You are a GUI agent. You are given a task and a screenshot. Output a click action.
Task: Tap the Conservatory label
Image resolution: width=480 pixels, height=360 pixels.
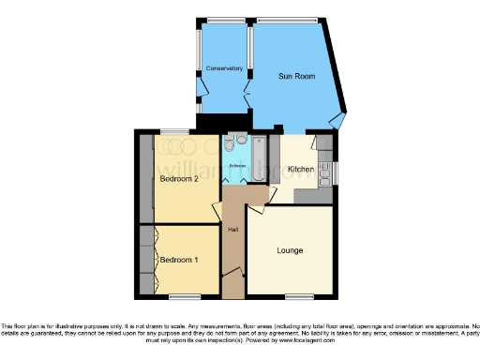(224, 68)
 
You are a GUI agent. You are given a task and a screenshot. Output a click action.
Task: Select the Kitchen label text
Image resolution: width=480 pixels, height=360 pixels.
(300, 169)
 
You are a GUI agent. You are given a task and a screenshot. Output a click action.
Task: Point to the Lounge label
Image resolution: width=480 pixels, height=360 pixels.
(290, 250)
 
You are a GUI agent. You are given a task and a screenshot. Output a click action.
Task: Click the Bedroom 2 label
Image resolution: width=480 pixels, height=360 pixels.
(178, 178)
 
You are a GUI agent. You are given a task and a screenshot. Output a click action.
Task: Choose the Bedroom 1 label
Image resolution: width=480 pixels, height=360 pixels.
(178, 260)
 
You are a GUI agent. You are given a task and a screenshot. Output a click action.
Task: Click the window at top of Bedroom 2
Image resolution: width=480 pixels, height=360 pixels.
(172, 131)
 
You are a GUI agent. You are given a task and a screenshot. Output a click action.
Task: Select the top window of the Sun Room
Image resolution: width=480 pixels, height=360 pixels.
(287, 20)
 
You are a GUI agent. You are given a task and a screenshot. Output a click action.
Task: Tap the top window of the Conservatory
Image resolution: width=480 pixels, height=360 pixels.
(223, 20)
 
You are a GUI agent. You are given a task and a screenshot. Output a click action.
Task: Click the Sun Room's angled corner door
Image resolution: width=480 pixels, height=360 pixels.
(338, 121)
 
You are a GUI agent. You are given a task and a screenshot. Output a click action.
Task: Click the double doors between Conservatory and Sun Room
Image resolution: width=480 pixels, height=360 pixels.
(249, 91)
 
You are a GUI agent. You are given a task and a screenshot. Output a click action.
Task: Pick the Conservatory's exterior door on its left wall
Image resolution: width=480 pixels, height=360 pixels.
(200, 91)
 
